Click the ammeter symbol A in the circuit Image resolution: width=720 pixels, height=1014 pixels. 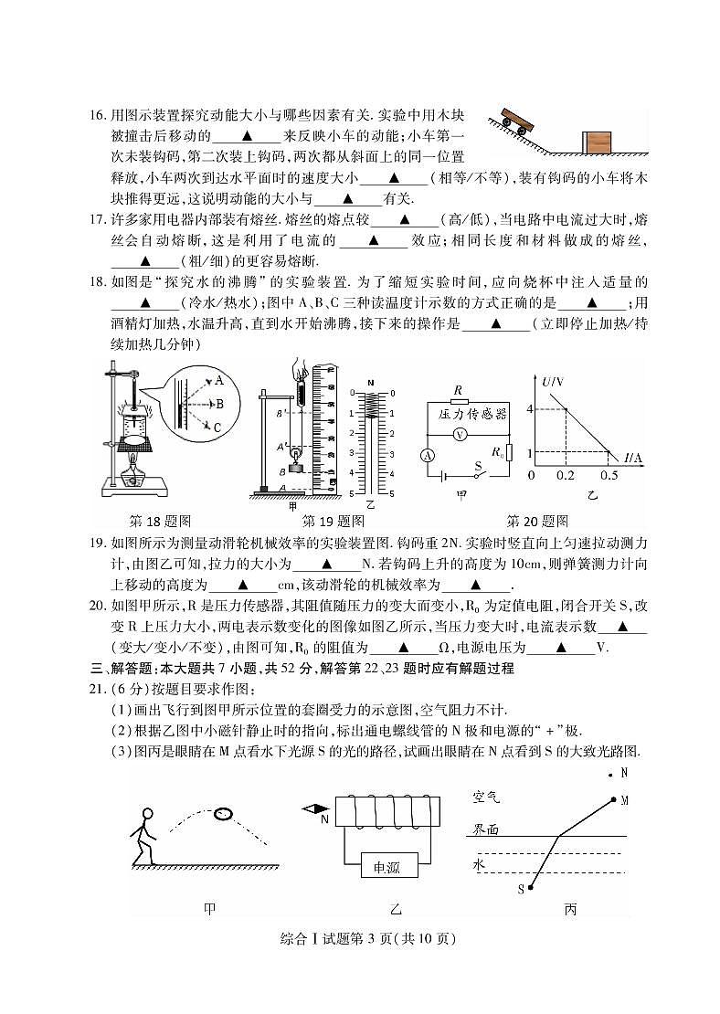coord(427,455)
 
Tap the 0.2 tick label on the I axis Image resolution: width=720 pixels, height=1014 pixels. coord(566,476)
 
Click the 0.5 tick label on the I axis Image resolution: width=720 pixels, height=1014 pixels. coord(609,476)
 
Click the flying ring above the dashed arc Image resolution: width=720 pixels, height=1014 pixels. coord(224,813)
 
